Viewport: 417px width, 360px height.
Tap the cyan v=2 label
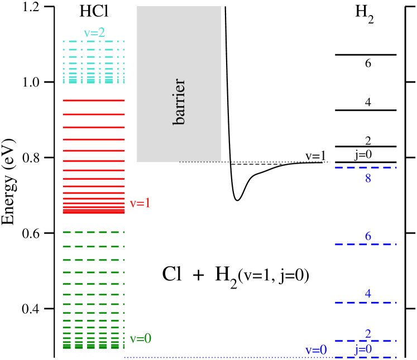click(94, 32)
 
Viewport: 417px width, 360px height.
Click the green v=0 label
click(140, 338)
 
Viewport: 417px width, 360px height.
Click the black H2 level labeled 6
click(365, 55)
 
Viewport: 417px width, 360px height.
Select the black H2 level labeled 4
click(365, 111)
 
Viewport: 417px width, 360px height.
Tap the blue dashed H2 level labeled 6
click(365, 244)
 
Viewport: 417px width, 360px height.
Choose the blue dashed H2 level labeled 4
click(365, 303)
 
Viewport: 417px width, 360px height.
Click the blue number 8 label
click(368, 179)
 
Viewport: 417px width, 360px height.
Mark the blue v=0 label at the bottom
click(316, 350)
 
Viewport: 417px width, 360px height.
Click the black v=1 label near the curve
click(315, 155)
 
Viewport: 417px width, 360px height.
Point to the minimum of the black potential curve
click(238, 200)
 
